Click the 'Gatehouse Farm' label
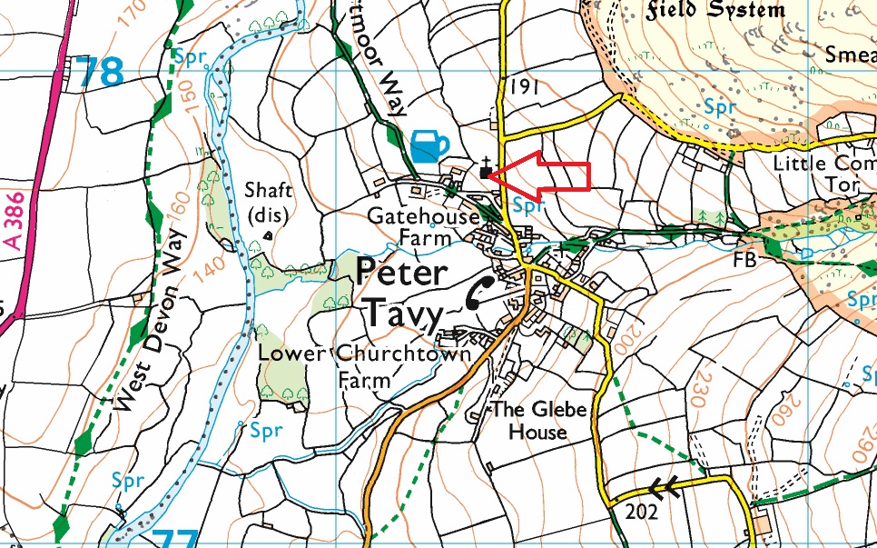click(x=422, y=227)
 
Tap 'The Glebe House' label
click(x=538, y=420)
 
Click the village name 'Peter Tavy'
click(x=402, y=294)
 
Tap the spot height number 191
click(x=525, y=86)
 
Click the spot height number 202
click(x=640, y=513)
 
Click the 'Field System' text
click(x=715, y=11)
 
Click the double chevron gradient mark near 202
click(x=667, y=489)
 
